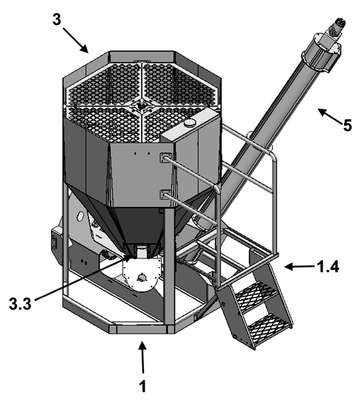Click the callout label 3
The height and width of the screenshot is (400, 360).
(x=57, y=20)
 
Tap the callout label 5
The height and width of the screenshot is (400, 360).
(x=347, y=126)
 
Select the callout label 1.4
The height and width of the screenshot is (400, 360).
(x=327, y=267)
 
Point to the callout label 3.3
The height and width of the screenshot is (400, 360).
(x=20, y=305)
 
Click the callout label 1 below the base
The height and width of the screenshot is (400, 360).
(x=142, y=387)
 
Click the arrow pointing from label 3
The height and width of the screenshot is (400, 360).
(x=75, y=40)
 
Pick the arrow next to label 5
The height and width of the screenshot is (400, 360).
(x=330, y=116)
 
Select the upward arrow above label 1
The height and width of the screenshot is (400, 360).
(x=143, y=358)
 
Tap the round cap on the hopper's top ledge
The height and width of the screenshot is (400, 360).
(x=190, y=123)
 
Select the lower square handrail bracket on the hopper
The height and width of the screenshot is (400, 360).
(x=165, y=195)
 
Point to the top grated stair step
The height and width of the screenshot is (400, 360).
(x=256, y=293)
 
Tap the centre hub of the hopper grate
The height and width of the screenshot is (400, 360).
(x=143, y=104)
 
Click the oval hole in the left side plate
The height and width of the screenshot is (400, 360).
(x=81, y=216)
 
